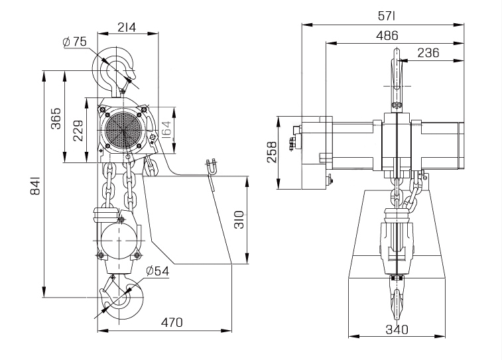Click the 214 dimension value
[127, 27]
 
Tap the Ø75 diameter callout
[75, 42]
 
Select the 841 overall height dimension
[35, 185]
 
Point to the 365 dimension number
[56, 118]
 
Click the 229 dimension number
[78, 130]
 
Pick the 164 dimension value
[166, 129]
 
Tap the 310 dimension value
[239, 219]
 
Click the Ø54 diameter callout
[158, 270]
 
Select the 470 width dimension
[172, 322]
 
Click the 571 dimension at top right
[387, 16]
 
